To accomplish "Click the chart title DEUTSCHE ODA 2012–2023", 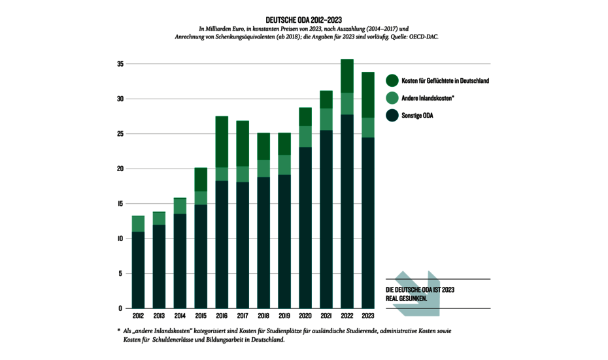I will point(304,20).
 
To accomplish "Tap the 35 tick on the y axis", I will point(120,64).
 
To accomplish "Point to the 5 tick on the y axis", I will point(120,274).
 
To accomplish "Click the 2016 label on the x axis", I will point(222,315).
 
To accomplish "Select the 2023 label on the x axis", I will point(368,315).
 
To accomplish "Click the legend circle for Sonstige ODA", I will point(392,116).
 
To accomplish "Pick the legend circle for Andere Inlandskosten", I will point(392,98).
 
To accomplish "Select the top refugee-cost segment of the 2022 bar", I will point(347,76).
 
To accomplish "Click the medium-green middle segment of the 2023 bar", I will point(368,127).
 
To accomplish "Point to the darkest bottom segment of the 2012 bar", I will point(138,269).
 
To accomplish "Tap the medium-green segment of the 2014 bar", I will point(180,206).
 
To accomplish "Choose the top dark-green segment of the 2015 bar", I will point(201,179).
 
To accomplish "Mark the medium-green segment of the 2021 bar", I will point(326,120).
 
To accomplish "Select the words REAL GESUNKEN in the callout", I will point(407,298).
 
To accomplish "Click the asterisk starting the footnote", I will point(118,331).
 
